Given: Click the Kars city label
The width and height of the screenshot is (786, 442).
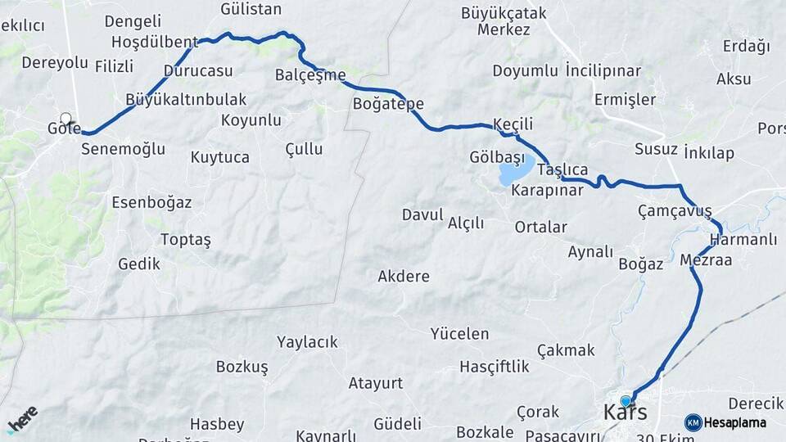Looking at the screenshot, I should click(625, 412).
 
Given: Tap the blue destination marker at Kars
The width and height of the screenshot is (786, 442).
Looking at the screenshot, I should click(626, 401).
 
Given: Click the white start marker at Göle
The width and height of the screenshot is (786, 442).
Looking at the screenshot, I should click(65, 119).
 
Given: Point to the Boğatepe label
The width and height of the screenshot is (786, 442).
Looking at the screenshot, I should click(388, 104).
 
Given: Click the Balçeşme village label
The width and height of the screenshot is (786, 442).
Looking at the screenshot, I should click(310, 75).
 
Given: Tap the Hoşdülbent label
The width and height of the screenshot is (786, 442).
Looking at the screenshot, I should click(154, 42).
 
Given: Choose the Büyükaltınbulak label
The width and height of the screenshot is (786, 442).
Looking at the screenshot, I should click(186, 99).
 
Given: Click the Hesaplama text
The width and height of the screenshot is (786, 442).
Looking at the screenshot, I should click(735, 422).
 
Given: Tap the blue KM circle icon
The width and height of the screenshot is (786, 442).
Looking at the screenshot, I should click(693, 422).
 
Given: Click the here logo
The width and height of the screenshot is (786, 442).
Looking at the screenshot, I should click(22, 418).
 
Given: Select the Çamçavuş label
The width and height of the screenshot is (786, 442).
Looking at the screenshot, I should click(675, 211).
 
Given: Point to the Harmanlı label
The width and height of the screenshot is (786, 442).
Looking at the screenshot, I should click(743, 240).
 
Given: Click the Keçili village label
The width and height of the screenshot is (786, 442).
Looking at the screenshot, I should click(513, 124).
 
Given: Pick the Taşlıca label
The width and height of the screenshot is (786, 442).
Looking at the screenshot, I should click(562, 169).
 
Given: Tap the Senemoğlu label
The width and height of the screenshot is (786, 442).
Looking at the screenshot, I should click(123, 149).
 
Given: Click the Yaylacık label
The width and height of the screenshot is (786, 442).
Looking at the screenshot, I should click(307, 342).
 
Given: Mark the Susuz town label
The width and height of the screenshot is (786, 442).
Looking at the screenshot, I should click(656, 149).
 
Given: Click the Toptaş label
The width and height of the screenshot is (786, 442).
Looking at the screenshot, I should click(186, 240).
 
